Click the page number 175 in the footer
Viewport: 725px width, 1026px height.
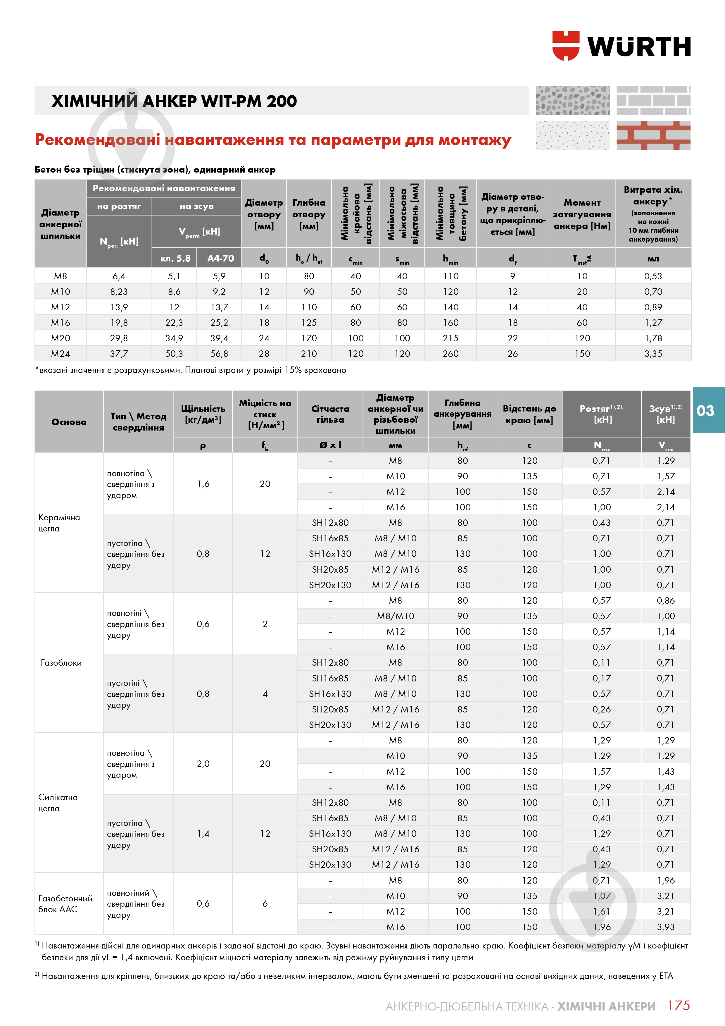[x=678, y=1006]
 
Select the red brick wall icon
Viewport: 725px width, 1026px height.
[x=653, y=135]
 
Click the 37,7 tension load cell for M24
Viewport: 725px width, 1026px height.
[x=119, y=354]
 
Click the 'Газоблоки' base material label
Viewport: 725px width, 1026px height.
[x=61, y=663]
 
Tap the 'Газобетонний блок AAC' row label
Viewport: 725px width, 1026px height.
[x=65, y=903]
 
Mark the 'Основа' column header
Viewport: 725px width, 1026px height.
[x=69, y=422]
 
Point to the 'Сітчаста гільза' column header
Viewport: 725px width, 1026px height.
[x=330, y=414]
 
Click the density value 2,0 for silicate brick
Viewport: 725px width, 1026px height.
[x=203, y=764]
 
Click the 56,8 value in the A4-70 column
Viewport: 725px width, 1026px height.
[x=219, y=354]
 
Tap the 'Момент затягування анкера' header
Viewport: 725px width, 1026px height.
[x=582, y=214]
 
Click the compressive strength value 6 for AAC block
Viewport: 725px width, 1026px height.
[x=265, y=903]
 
